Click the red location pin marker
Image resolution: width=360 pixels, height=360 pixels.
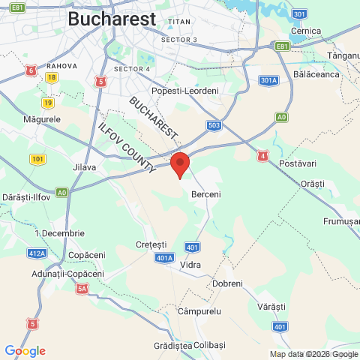(179, 164)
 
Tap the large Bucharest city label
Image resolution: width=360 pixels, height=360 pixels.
(112, 19)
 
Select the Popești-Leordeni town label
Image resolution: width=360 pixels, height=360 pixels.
(184, 91)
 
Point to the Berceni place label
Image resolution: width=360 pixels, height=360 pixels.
(206, 194)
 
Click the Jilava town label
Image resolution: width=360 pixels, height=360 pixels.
(83, 167)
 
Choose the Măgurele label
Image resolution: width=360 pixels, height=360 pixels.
(42, 120)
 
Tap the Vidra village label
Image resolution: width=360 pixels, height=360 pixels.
(191, 265)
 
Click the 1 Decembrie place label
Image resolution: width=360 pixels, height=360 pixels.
(59, 233)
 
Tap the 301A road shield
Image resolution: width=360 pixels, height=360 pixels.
(268, 79)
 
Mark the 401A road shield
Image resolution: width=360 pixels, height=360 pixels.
(165, 257)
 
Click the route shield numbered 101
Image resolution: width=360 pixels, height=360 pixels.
(38, 159)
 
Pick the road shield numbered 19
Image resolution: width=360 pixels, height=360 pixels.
(48, 103)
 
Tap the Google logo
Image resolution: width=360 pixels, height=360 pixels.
(25, 351)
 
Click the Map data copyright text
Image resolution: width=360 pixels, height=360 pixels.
(314, 354)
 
